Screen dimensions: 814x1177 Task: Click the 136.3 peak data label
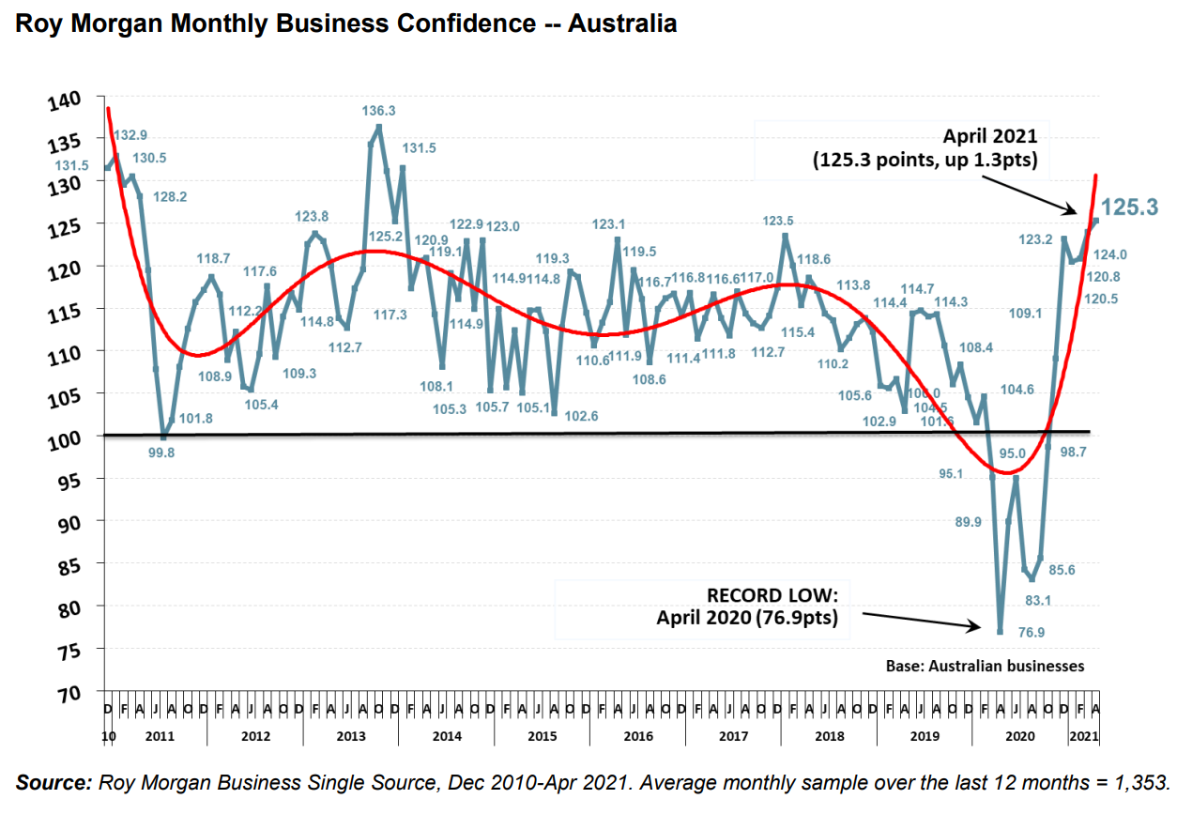tap(379, 111)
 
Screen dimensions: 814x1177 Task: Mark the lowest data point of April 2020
tap(1001, 631)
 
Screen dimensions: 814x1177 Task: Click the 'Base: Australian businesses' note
tap(985, 666)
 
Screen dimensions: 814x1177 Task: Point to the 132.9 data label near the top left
tap(130, 135)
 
